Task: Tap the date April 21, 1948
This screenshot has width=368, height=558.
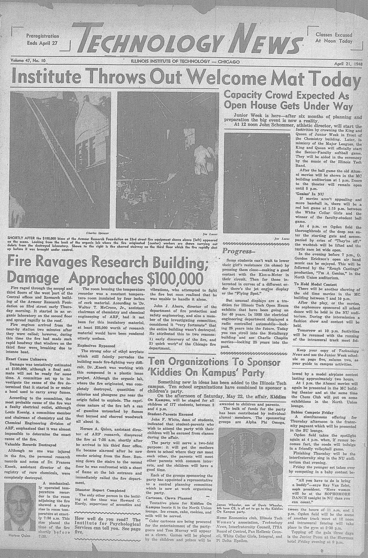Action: (x=348, y=64)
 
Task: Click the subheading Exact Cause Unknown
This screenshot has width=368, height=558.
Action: (x=26, y=359)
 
